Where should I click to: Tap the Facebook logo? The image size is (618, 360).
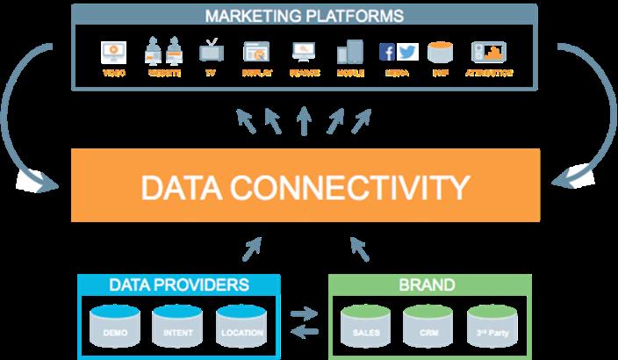tap(388, 52)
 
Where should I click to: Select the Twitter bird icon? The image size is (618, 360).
tap(406, 52)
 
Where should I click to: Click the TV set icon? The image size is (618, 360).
tap(211, 52)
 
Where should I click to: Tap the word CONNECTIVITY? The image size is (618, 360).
tap(360, 186)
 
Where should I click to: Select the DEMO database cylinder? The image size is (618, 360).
tap(115, 326)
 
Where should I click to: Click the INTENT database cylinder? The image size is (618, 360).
tap(178, 326)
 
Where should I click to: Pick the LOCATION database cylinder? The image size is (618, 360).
tap(241, 326)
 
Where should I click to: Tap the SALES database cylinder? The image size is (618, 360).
tap(365, 326)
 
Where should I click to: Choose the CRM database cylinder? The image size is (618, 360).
tap(428, 326)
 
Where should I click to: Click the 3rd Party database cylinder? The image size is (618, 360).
tap(492, 326)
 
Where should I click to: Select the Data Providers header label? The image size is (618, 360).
tap(179, 285)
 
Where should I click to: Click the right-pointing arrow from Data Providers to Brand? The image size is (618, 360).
tap(304, 313)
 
